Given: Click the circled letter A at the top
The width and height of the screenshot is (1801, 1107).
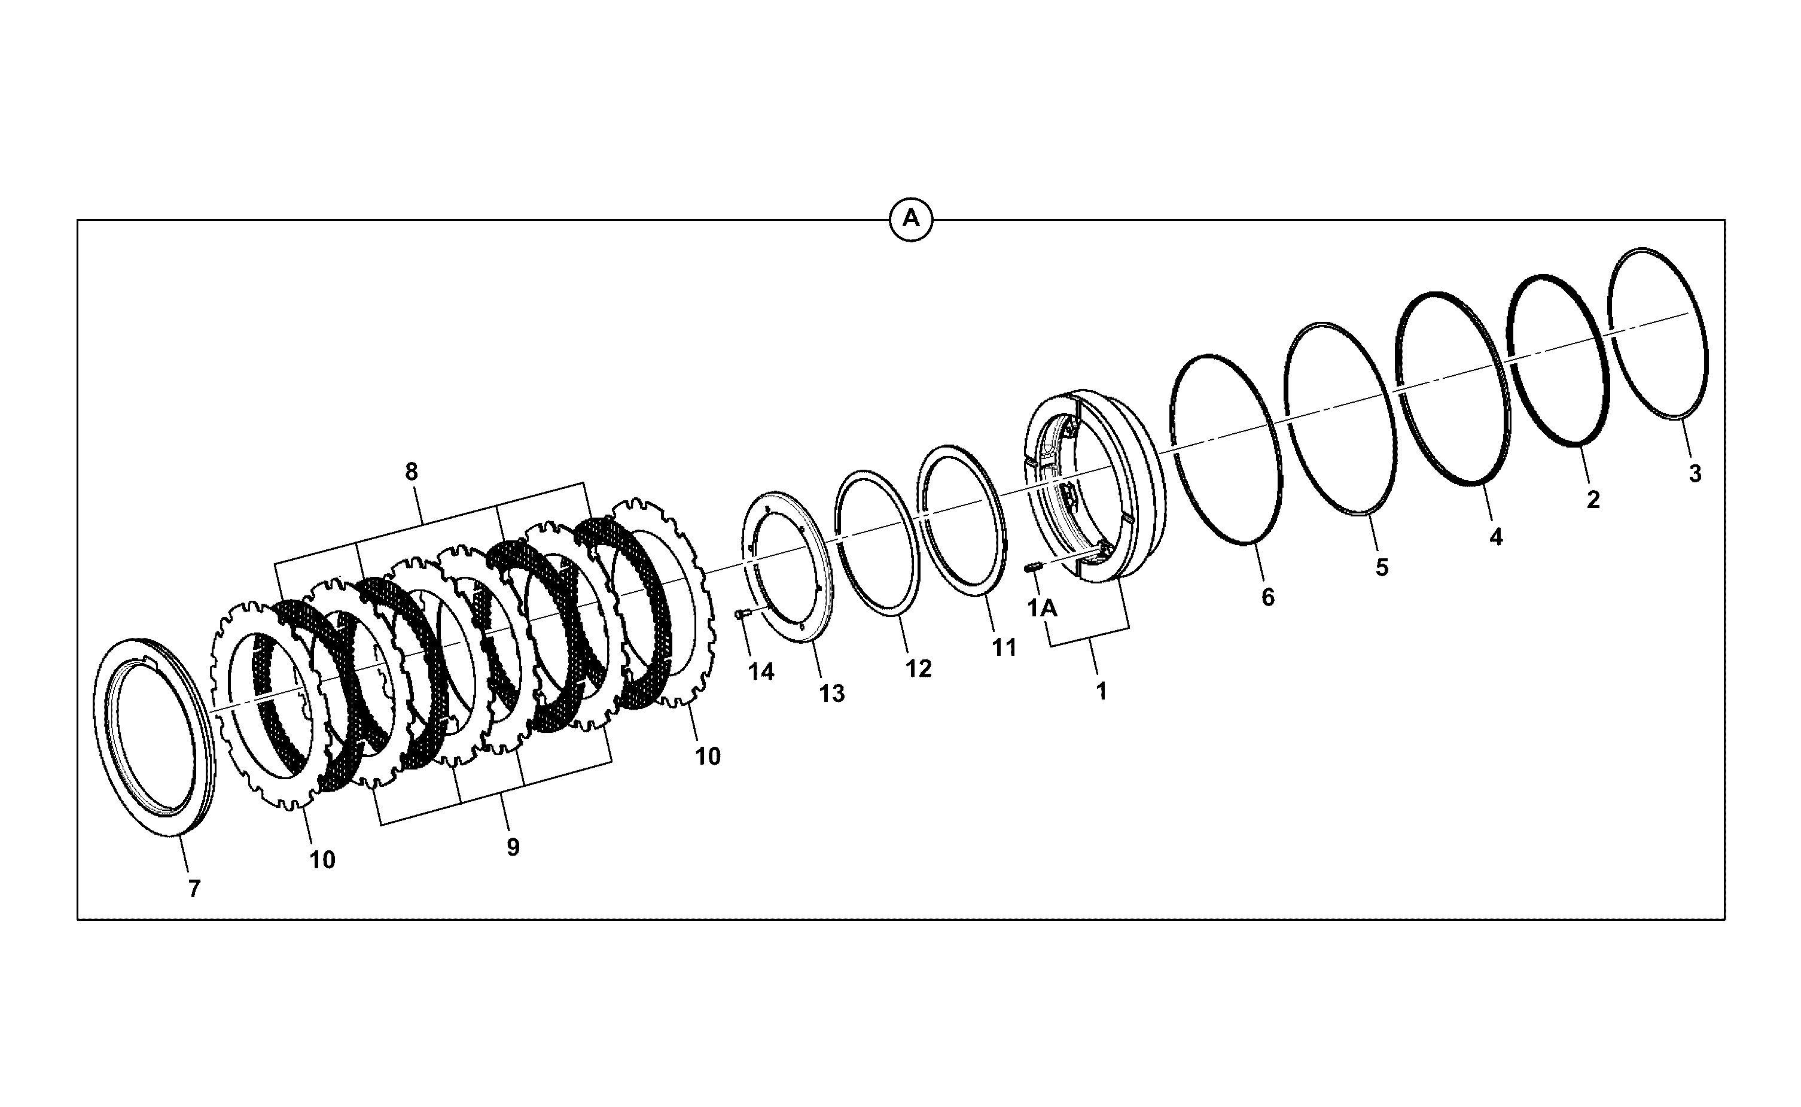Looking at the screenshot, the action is pos(910,219).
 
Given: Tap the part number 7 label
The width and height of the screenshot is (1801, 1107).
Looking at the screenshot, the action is pos(194,889).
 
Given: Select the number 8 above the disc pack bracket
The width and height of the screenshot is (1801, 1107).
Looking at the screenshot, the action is pos(412,472).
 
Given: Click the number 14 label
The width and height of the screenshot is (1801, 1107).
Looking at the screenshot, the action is pos(761,671).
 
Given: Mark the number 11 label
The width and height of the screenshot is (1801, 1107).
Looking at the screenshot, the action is pos(1004,647).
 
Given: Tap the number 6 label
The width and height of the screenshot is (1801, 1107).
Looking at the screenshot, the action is pos(1268,597).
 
